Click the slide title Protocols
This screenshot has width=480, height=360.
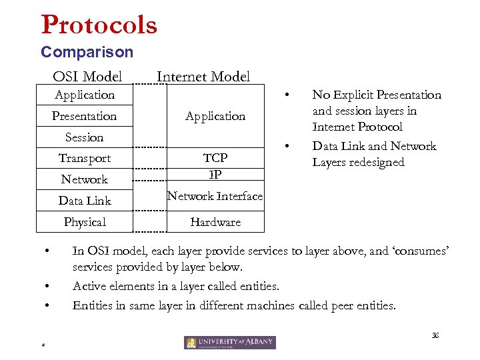tap(99, 25)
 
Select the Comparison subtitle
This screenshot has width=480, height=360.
tap(87, 52)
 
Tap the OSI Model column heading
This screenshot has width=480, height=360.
tap(87, 77)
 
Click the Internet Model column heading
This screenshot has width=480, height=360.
tap(203, 77)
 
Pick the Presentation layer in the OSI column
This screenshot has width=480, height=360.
tap(84, 116)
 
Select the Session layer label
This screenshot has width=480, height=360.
tap(84, 137)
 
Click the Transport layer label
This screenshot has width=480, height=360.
tap(84, 158)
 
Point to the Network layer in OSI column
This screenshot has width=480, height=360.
tap(84, 179)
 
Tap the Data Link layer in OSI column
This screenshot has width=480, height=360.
tap(84, 201)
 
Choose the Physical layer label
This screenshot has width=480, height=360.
tap(84, 222)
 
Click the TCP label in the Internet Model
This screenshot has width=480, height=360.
tap(215, 158)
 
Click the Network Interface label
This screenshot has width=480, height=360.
tap(215, 196)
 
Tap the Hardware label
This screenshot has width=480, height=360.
tap(215, 222)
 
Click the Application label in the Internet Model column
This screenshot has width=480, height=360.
tap(215, 116)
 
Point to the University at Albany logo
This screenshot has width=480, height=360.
tap(229, 342)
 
